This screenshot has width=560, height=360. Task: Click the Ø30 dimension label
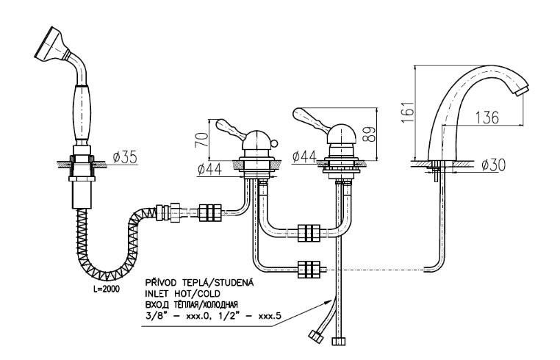[x=494, y=165]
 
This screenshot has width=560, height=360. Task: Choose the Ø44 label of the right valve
[x=305, y=157]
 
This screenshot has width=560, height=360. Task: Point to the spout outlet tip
[x=523, y=90]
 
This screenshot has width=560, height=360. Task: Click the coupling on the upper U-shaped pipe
[x=309, y=233]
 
